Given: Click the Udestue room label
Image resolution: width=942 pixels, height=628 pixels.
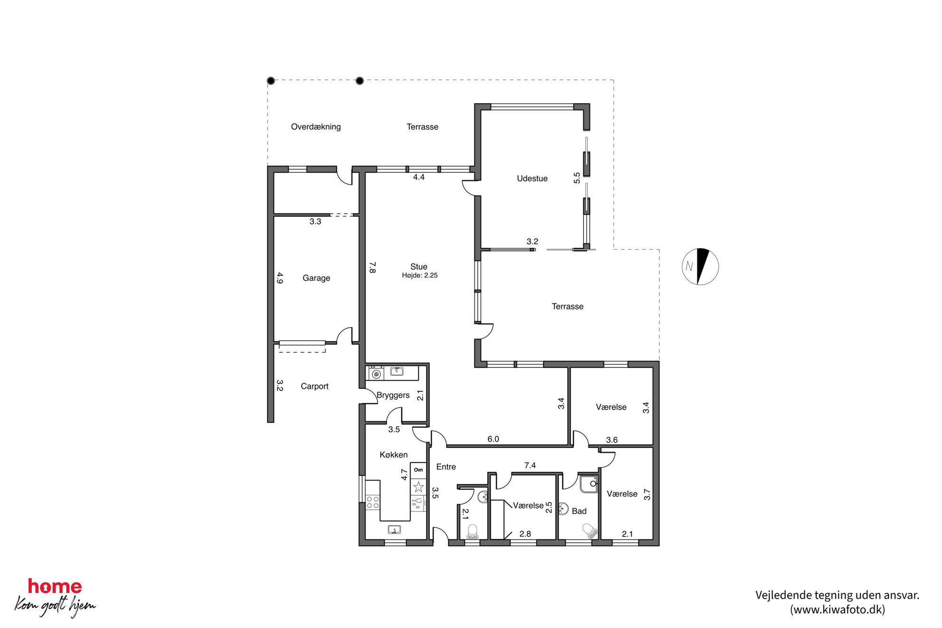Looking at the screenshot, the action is pos(532,178).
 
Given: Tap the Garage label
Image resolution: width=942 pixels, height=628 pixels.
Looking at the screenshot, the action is pos(316,278).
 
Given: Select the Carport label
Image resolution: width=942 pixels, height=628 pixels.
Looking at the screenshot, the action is pos(314,386).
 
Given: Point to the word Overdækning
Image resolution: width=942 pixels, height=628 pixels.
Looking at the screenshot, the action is pos(316,127).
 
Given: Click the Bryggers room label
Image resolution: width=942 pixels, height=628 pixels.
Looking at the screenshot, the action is pos(393,395).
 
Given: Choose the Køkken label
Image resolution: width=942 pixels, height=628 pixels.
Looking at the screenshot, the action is pos(394,455).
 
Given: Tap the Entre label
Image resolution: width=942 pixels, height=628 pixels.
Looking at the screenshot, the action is pos(446,467).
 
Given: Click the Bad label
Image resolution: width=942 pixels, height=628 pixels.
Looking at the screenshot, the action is pos(579,511).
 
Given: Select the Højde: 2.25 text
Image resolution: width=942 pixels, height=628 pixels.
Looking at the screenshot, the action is pos(420,275).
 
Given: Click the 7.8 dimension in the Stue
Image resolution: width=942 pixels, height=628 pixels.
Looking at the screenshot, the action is pos(373,267).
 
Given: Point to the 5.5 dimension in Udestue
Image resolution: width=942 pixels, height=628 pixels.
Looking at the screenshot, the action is pos(577,178).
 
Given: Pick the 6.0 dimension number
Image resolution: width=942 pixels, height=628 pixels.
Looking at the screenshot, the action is pos(493,439).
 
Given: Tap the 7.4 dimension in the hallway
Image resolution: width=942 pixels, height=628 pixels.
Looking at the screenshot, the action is pos(530,466).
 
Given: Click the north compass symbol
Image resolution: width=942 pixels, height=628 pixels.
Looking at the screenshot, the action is pos(700,267).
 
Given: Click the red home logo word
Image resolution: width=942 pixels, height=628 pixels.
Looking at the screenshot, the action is pos(55,587).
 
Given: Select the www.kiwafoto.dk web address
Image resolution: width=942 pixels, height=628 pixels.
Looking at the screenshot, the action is pos(838,610).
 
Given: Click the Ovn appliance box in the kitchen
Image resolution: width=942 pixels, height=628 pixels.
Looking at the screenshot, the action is pos(418,470).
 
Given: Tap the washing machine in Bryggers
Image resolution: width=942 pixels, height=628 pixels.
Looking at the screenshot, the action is pos(377,374).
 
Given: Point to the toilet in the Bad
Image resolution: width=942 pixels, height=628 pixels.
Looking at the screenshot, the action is pos(589,531).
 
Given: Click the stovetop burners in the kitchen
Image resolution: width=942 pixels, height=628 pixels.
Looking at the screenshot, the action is pos(373,502).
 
